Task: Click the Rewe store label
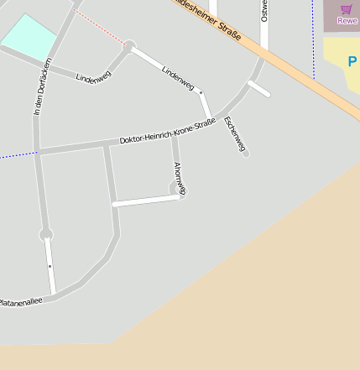point(347,20)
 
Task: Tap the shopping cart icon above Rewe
point(347,9)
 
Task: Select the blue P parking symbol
point(352,61)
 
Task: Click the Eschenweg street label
point(233,133)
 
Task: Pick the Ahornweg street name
point(179,177)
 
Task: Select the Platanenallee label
point(19,300)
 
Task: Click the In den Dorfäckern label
point(43,86)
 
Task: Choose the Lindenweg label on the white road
point(178,77)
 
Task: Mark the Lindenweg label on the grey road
point(93,76)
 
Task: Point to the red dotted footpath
point(100,27)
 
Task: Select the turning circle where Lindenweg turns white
point(129,45)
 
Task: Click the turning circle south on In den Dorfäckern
point(45,234)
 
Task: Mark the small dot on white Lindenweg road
point(201,92)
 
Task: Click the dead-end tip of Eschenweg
point(246,154)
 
